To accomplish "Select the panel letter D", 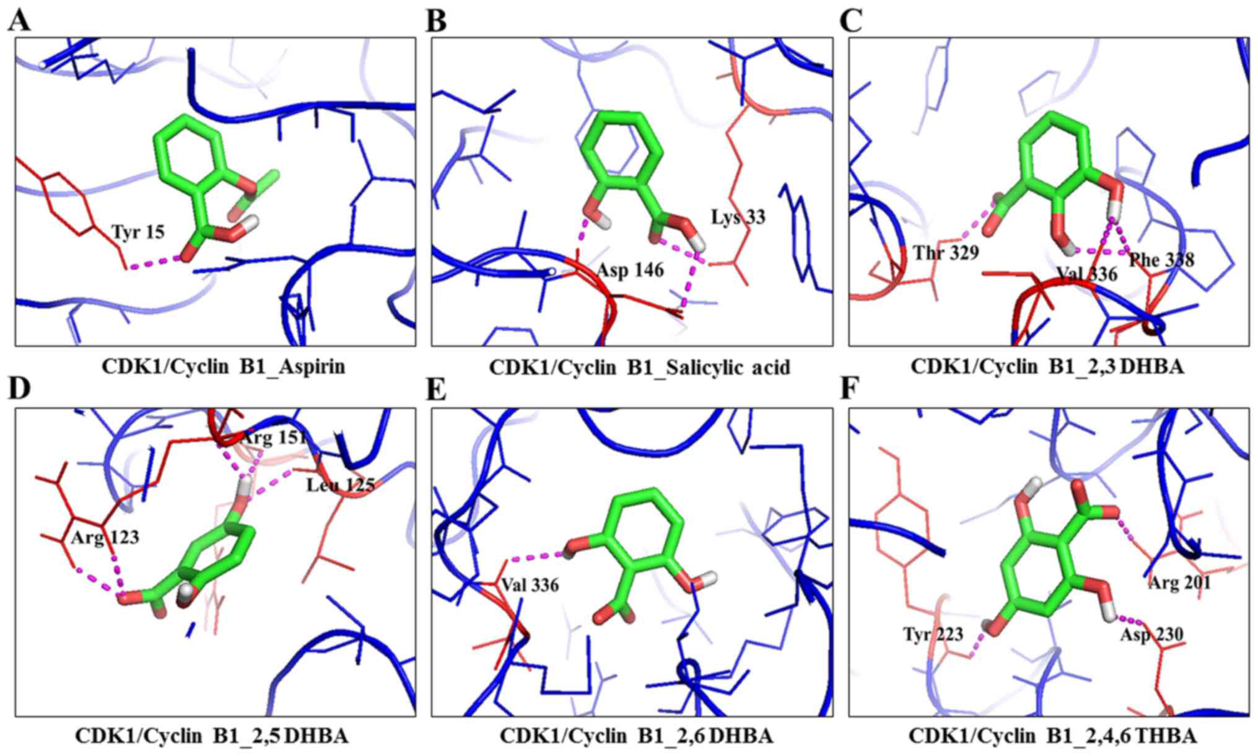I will click(19, 390).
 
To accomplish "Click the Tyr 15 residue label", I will click(138, 232).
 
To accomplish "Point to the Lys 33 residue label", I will click(738, 217).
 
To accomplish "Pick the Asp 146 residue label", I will click(630, 270).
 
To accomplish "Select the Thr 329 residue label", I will click(946, 253).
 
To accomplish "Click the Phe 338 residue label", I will click(1161, 260).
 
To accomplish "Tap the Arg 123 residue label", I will click(105, 537).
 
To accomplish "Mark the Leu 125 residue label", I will click(341, 485).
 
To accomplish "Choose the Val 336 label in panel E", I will click(530, 584).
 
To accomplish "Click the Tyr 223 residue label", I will click(933, 634).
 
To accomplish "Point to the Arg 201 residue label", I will click(1179, 583).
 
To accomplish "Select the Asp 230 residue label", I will click(1151, 635).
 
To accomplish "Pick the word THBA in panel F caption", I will click(1165, 736).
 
